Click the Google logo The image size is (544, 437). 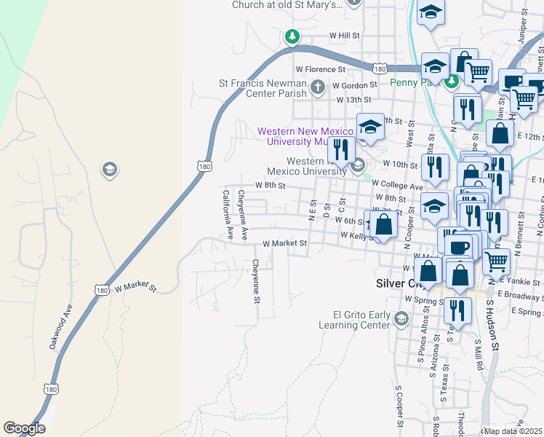[24, 428]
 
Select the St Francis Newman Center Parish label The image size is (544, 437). [263, 88]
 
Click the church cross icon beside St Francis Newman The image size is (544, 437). [316, 88]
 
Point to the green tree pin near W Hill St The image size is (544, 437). [292, 36]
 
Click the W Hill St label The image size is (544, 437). [345, 35]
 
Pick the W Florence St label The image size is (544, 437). [320, 69]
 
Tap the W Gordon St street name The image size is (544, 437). [356, 85]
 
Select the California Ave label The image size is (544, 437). [226, 215]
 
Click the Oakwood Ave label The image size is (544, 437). [61, 327]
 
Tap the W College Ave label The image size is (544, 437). [397, 187]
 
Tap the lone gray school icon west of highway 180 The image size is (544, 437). [109, 170]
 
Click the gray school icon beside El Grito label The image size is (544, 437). [401, 318]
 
